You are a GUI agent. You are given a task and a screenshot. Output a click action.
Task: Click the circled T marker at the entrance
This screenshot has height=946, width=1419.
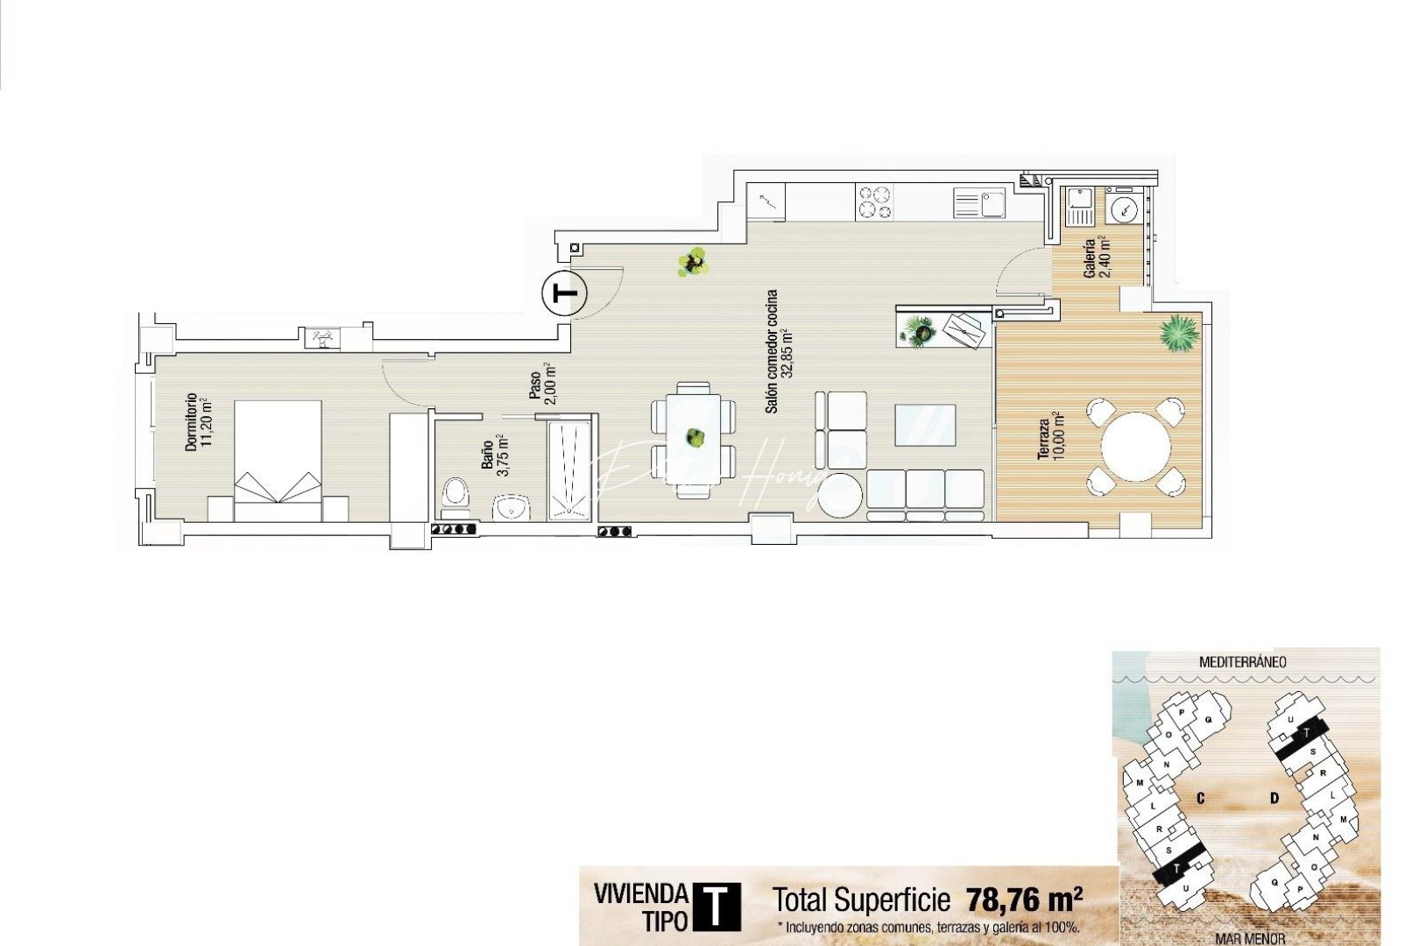565,293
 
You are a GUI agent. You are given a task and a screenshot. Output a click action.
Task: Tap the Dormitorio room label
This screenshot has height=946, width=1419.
198,422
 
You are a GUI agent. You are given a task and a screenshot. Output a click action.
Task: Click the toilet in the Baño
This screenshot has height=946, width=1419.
455,494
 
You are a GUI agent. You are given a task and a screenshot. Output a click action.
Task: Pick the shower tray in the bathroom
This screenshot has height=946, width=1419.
570,470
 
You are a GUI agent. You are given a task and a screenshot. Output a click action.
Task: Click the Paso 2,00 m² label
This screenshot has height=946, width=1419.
541,385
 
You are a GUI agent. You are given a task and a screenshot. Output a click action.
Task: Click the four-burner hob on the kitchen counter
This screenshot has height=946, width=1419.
874,201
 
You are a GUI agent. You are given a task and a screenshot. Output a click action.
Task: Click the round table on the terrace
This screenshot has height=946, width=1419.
1135,447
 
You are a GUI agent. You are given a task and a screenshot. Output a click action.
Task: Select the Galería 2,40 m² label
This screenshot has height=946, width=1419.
1097,258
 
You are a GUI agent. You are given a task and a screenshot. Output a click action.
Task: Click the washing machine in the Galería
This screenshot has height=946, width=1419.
1122,209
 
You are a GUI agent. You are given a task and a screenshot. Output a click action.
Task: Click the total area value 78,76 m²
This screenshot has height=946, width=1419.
1023,900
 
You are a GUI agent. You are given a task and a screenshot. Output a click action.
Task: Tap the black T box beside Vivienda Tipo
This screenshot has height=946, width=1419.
717,907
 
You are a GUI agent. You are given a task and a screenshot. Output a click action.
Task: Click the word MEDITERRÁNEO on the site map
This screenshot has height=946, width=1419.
1242,662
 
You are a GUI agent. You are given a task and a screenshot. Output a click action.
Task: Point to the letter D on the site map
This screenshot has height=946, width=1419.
1274,798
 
